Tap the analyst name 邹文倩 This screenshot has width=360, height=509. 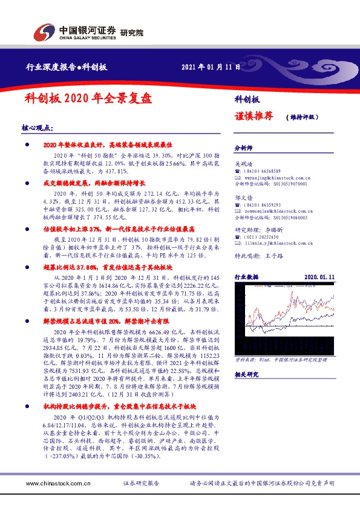244,196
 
